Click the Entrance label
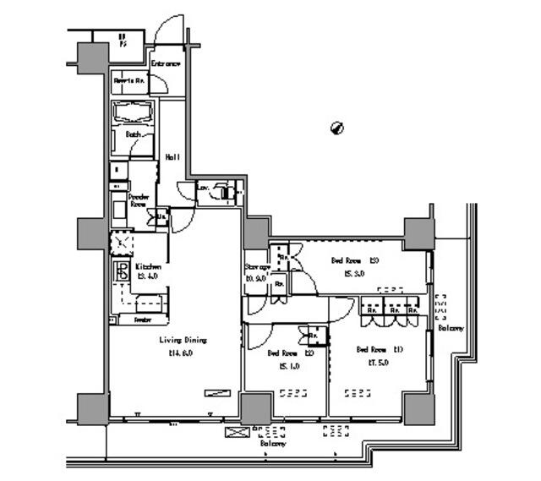click(x=166, y=63)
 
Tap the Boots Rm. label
click(x=130, y=80)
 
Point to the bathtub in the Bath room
click(x=133, y=112)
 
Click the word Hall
click(x=172, y=156)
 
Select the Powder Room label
click(x=139, y=200)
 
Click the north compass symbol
click(x=336, y=128)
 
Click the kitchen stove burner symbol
click(x=121, y=275)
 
